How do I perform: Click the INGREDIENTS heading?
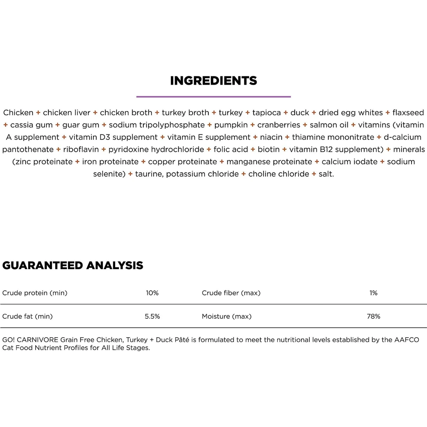click(213, 81)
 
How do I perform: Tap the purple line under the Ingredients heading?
click(213, 97)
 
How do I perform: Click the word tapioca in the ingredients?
click(266, 113)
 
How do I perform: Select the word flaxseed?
click(408, 113)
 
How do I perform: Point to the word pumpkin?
click(231, 125)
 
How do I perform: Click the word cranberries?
click(279, 125)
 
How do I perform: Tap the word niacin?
click(271, 137)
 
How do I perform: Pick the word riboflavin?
click(81, 149)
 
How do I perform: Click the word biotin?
click(268, 149)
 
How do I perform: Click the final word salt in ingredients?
click(326, 174)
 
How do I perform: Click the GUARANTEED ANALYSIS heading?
click(73, 265)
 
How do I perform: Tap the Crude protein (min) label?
click(35, 293)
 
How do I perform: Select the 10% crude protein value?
click(152, 293)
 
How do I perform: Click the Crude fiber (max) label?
click(231, 293)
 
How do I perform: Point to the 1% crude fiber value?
click(373, 293)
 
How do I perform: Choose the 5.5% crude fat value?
click(152, 316)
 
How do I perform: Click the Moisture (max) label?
click(227, 316)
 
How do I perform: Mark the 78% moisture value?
click(373, 316)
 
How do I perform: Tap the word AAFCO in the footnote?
click(407, 340)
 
